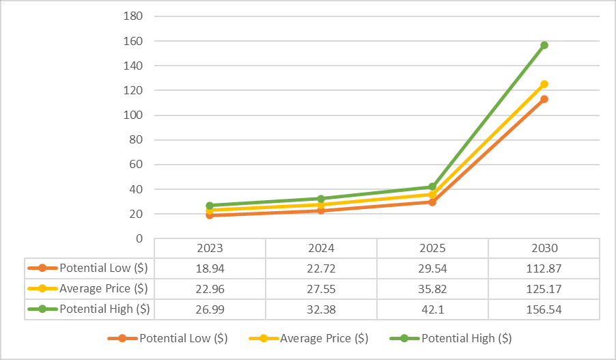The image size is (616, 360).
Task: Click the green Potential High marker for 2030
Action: [544, 45]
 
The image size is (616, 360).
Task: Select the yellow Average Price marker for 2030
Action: [544, 84]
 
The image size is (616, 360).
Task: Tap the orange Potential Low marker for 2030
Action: [544, 99]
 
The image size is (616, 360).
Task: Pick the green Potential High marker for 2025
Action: [432, 186]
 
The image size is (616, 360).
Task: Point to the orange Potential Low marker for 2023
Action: [210, 215]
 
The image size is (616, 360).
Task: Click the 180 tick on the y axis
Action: [134, 16]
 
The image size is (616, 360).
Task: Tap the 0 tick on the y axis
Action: [139, 238]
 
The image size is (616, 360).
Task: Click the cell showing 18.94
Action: [210, 268]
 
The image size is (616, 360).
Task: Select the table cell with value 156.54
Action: [544, 309]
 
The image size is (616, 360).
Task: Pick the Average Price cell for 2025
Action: [432, 288]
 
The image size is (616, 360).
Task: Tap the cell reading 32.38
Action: [321, 309]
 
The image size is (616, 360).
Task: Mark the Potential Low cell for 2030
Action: [544, 268]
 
